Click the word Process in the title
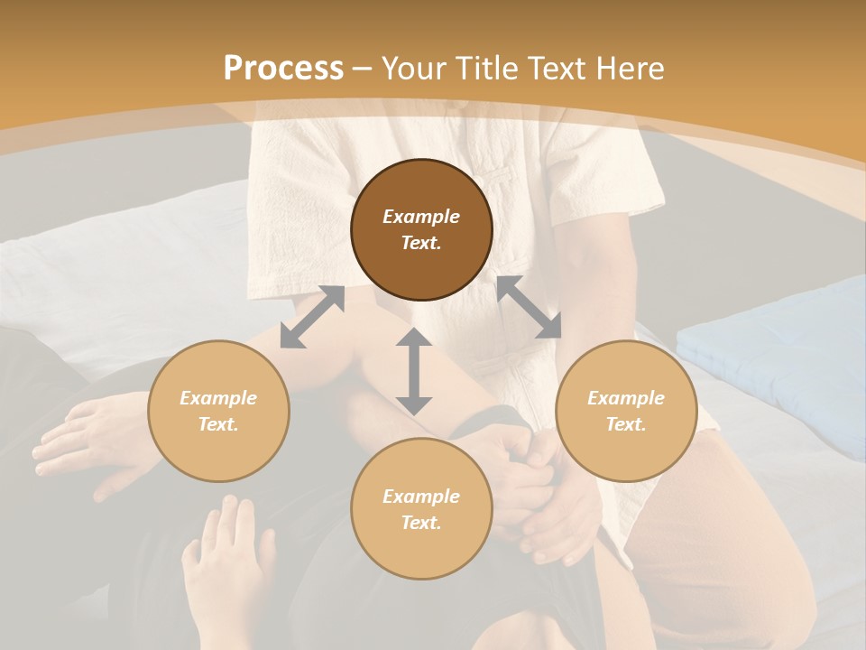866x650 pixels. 283,69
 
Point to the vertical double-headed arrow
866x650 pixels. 414,371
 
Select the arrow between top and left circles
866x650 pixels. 312,317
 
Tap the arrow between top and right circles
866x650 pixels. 529,307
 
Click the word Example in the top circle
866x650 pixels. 421,217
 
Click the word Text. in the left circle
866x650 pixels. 218,424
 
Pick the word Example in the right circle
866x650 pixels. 626,398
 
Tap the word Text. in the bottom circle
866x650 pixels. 421,523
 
